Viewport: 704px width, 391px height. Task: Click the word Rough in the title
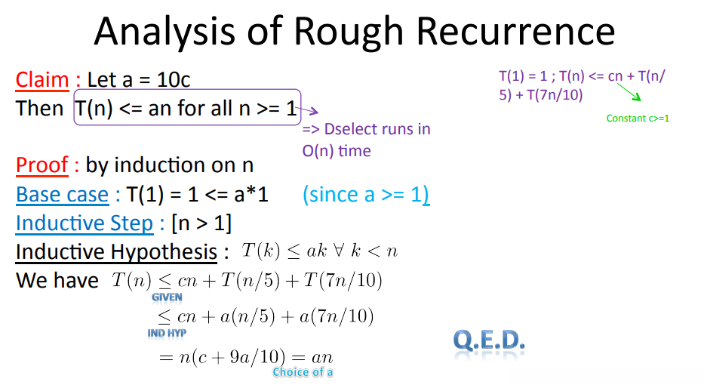[x=349, y=32]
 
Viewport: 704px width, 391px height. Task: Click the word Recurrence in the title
[x=516, y=32]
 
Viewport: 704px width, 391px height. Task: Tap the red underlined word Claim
[x=42, y=80]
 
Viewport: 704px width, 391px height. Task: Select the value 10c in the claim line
[x=174, y=80]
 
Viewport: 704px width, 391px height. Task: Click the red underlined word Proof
[x=42, y=165]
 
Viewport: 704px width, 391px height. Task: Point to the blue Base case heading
[x=63, y=195]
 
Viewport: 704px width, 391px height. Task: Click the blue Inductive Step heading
[x=85, y=223]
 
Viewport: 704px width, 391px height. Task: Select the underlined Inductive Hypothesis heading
[x=117, y=252]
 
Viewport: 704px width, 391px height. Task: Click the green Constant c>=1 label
[x=638, y=118]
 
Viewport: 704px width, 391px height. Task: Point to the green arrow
[x=629, y=92]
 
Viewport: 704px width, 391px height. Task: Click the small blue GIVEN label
[x=167, y=297]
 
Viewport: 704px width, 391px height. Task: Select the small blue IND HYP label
[x=167, y=333]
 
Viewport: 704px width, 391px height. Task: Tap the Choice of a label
[x=303, y=372]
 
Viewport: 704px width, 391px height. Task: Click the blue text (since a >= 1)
[x=366, y=195]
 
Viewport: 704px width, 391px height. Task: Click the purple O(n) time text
[x=337, y=151]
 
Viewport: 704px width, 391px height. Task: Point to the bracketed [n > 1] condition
[x=201, y=223]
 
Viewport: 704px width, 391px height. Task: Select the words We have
[x=57, y=281]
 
